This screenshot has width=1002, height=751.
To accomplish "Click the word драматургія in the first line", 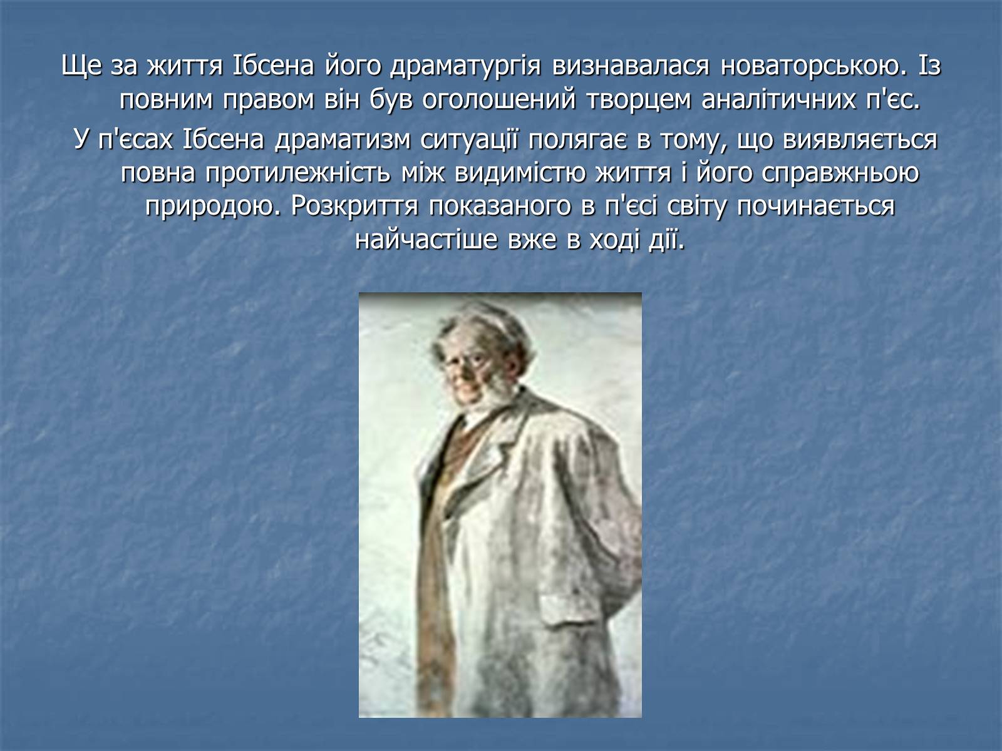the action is click(465, 66).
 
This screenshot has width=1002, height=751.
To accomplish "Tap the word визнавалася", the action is click(631, 66).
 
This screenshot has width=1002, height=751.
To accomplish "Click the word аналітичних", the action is click(778, 100).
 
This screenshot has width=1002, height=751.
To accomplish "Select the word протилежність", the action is click(297, 174).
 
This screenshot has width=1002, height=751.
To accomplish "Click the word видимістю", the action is click(520, 173).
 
